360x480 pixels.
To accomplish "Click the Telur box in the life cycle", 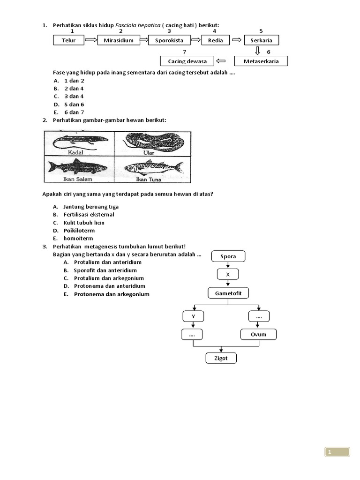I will tap(68, 40).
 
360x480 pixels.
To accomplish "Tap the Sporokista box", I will tap(169, 40).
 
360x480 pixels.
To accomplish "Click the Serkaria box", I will tap(261, 40).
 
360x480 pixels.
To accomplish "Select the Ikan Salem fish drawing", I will tap(78, 167).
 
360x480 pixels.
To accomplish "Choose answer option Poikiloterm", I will tap(79, 231).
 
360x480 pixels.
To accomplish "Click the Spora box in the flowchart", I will tap(228, 256).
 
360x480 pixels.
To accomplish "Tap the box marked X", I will tap(228, 274).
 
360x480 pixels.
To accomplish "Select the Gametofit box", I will tap(228, 293).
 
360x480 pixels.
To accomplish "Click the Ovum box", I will tap(258, 335).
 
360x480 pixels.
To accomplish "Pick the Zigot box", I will tap(221, 359).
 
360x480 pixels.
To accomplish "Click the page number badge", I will tap(337, 452).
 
